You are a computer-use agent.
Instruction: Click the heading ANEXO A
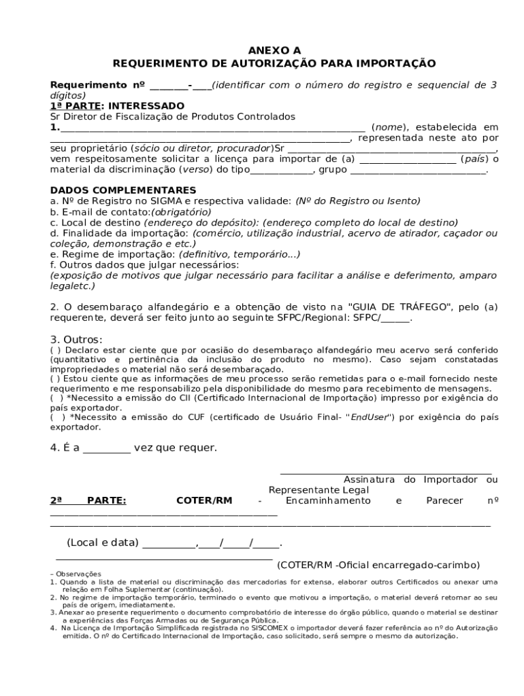click(274, 50)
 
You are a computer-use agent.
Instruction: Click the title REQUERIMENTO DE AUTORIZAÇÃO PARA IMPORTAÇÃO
click(274, 63)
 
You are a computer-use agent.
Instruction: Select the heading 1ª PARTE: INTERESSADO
click(117, 106)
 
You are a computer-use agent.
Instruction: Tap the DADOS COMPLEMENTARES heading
click(123, 190)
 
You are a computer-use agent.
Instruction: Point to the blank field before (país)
click(408, 159)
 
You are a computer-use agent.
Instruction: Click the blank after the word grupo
click(418, 170)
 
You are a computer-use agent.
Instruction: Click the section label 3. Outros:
click(76, 339)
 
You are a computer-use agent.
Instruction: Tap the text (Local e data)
click(103, 542)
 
